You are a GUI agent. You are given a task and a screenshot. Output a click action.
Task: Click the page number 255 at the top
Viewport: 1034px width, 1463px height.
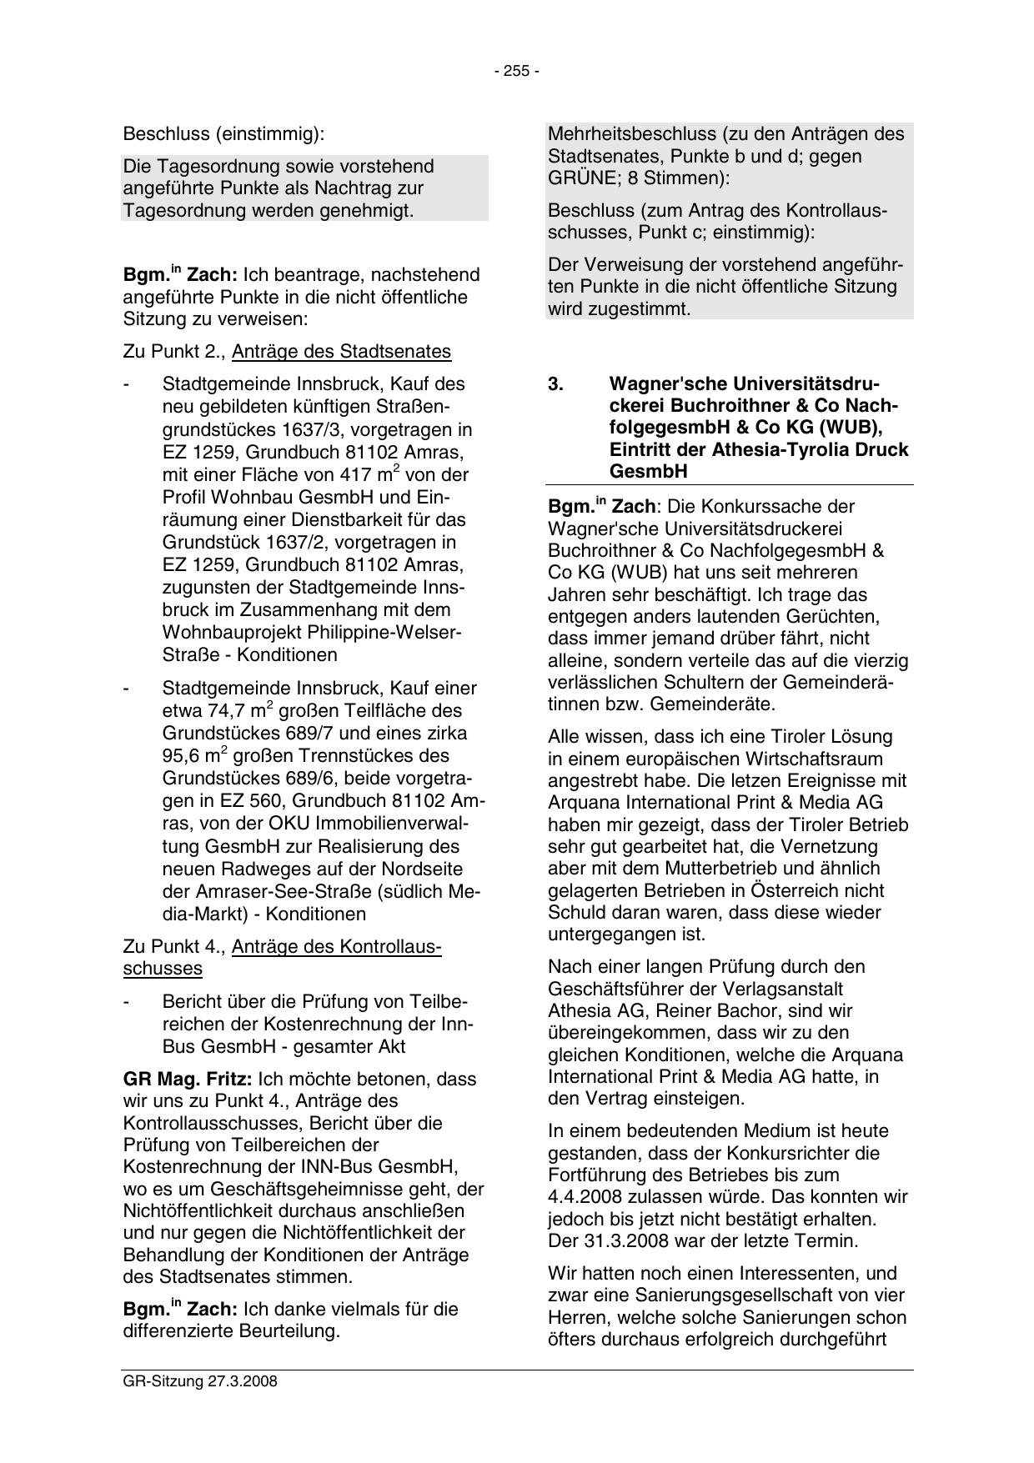(x=517, y=72)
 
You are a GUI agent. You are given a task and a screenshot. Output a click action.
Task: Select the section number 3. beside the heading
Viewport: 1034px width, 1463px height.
(x=556, y=384)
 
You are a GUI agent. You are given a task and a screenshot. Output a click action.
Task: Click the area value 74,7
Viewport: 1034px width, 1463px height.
(x=230, y=711)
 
